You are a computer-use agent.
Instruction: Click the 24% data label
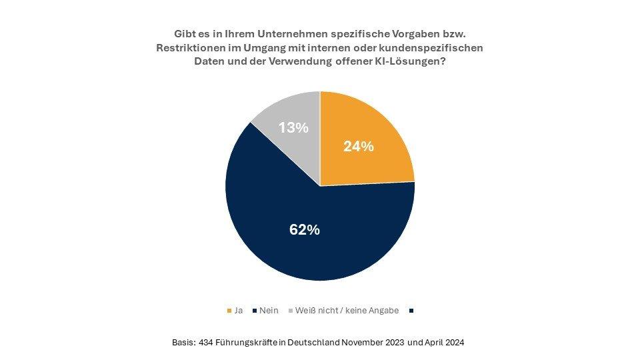click(x=358, y=147)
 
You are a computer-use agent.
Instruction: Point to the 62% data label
click(x=305, y=230)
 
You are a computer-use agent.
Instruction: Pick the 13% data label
click(x=293, y=127)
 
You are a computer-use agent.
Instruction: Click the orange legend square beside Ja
click(x=229, y=310)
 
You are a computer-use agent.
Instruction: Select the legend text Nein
click(x=269, y=310)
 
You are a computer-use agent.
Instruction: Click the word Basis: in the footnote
click(x=183, y=342)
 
